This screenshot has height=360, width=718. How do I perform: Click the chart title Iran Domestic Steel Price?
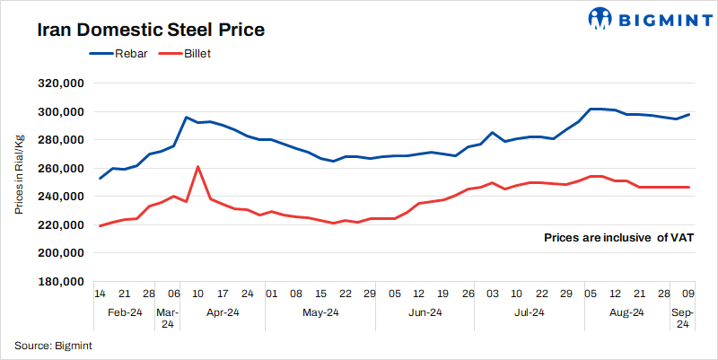pos(151,30)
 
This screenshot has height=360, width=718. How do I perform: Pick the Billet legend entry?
pos(197,54)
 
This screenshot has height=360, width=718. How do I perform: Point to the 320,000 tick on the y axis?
pos(58,83)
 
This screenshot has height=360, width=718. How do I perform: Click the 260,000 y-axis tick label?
pos(58,168)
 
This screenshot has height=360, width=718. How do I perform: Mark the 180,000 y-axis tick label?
pos(58,281)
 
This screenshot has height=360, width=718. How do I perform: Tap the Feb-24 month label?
pos(125,312)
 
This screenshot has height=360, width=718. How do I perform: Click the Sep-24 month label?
pos(683,319)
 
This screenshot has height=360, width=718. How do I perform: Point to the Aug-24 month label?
pos(626,312)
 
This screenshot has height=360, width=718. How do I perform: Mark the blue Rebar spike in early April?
pos(186,118)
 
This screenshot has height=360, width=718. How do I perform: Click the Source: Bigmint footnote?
pos(54,346)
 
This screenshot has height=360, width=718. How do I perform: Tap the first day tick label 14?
pos(100,294)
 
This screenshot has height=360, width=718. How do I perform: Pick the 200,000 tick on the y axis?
pos(58,253)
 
